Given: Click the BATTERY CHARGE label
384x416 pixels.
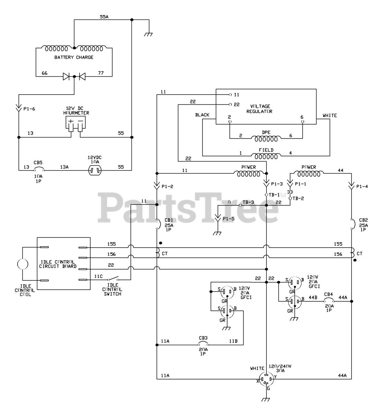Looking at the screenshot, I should [74, 57].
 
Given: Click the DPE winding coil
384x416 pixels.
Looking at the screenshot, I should [266, 139].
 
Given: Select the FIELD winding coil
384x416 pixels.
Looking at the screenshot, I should [266, 156].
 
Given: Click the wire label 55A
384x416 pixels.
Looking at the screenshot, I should [104, 16].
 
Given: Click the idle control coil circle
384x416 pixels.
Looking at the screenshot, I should [22, 264].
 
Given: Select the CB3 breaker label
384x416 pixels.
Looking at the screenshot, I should [203, 339].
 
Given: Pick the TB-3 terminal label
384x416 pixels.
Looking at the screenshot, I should [248, 202].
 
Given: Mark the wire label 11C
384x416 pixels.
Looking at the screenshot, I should [98, 276].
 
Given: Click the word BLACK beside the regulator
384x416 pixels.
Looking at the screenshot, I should [202, 115].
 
